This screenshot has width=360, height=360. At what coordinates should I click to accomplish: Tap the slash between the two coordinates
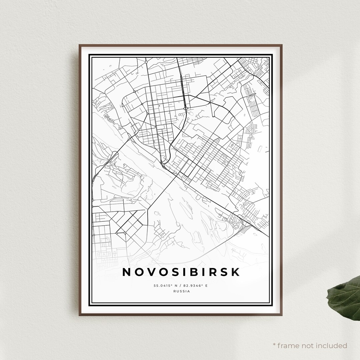[181, 286]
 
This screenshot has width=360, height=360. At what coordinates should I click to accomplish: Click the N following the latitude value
[176, 286]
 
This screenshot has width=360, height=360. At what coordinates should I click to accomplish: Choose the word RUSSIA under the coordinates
[182, 291]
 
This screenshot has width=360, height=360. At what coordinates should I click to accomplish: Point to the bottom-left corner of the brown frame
[80, 315]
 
